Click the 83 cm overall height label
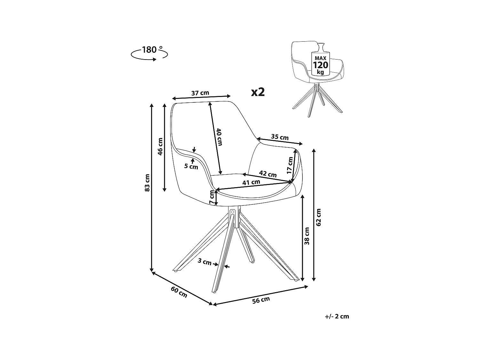tap(147, 183)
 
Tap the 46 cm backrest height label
tap(160, 146)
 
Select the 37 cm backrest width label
tap(200, 93)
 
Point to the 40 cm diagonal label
tap(219, 137)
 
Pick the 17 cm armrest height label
tap(290, 165)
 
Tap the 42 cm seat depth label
tap(268, 174)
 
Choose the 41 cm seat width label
tap(251, 183)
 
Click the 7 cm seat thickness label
tap(212, 198)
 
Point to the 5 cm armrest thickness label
tap(191, 166)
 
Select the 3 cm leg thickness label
tap(204, 262)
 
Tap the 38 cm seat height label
tap(307, 236)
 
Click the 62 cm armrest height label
tap(318, 217)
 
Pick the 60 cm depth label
tap(179, 292)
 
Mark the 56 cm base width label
tap(261, 300)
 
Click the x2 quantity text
tap(258, 92)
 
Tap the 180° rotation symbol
tap(149, 53)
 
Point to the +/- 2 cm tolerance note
tap(337, 316)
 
